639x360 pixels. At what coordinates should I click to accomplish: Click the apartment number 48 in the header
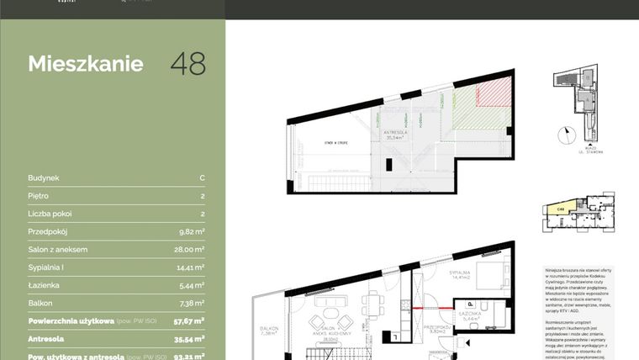[187, 63]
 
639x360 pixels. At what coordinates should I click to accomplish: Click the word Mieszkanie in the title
[86, 64]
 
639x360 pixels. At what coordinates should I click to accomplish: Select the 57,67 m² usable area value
[189, 321]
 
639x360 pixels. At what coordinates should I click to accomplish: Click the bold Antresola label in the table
[50, 339]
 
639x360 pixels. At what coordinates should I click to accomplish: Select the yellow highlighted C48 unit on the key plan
[558, 213]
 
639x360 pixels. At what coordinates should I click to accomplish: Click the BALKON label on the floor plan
[269, 328]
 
